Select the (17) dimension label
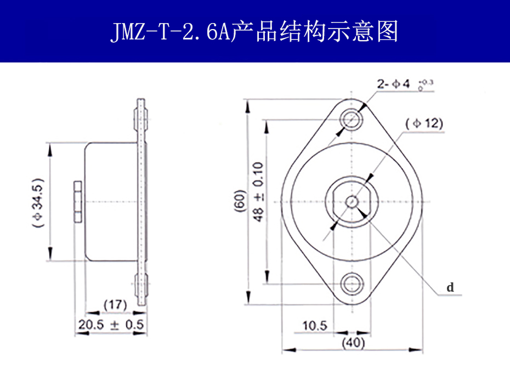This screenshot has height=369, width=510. (115, 304)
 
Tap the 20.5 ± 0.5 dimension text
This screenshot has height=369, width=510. (111, 325)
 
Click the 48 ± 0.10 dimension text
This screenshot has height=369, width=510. (258, 192)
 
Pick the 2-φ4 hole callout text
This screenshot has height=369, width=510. (393, 84)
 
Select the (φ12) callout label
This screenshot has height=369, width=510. (424, 123)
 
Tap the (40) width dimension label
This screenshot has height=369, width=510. (353, 343)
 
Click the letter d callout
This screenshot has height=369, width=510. (450, 287)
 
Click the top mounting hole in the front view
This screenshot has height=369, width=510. (352, 117)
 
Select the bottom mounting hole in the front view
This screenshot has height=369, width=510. (352, 283)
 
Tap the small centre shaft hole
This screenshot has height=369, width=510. (352, 201)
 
